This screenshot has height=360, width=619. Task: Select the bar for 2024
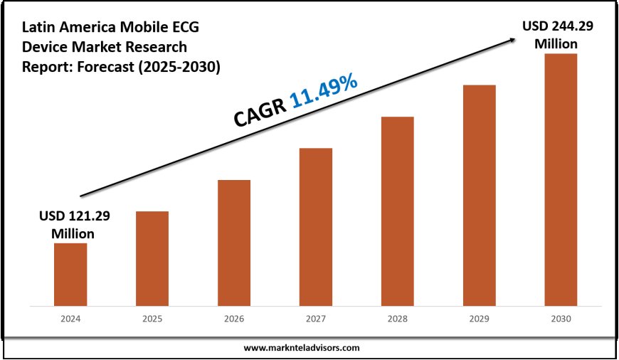tap(70, 274)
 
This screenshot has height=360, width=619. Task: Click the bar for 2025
tap(152, 258)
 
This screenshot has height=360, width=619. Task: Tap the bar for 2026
tap(234, 243)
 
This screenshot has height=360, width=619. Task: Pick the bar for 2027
tap(316, 226)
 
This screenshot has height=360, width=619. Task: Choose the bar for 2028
tap(398, 211)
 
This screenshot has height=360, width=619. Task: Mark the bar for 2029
tap(480, 195)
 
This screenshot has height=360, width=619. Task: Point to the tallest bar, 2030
tap(561, 179)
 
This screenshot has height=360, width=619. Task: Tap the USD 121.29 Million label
tap(70, 223)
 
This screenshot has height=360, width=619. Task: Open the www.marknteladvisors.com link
tap(302, 348)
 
